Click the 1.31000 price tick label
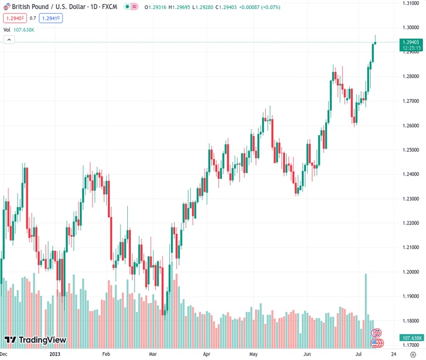pyautogui.click(x=411, y=3)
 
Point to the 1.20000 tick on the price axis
pyautogui.click(x=411, y=272)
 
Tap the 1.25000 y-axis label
pyautogui.click(x=411, y=149)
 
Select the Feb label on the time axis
pyautogui.click(x=106, y=355)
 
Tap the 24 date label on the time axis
pyautogui.click(x=394, y=355)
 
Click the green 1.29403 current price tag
pyautogui.click(x=411, y=42)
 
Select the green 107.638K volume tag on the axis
pyautogui.click(x=411, y=338)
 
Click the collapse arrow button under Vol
pyautogui.click(x=9, y=40)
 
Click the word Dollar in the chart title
pyautogui.click(x=68, y=6)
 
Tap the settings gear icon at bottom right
pyautogui.click(x=412, y=355)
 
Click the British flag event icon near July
pyautogui.click(x=377, y=332)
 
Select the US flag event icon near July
pyautogui.click(x=377, y=343)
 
